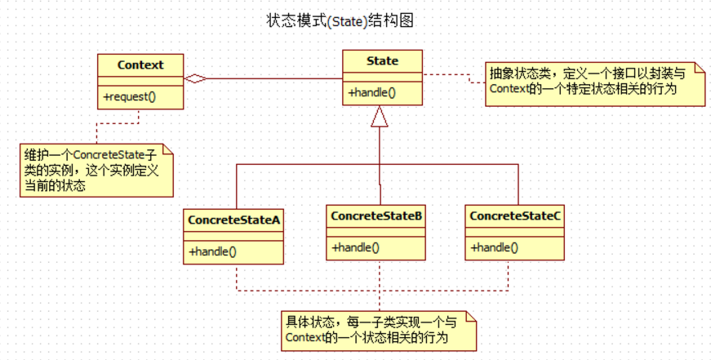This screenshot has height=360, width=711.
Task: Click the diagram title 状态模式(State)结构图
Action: [340, 20]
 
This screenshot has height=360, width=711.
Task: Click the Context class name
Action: [140, 64]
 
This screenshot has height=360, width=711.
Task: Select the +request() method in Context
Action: [130, 96]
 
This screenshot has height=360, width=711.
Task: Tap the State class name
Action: [382, 60]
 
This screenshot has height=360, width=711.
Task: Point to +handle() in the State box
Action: [372, 92]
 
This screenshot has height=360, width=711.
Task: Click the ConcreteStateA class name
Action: [234, 220]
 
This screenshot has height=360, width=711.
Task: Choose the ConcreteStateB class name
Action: [375, 216]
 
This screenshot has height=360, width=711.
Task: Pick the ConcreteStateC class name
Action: [514, 216]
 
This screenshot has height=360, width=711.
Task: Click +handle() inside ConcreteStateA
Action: [213, 251]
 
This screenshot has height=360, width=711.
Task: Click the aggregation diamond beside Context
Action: [194, 79]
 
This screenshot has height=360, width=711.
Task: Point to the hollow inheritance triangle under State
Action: [380, 118]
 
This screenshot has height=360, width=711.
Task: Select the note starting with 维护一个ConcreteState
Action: [96, 170]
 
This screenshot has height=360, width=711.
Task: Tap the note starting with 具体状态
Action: [378, 330]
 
